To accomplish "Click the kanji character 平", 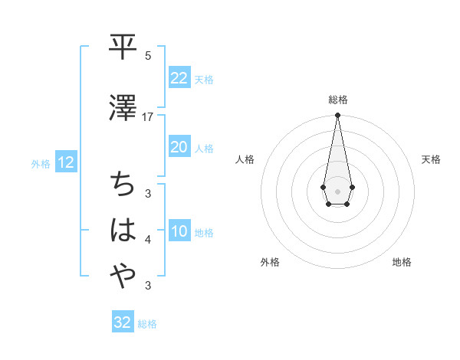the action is point(122,48).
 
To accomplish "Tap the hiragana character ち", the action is point(122,184).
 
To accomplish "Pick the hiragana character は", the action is point(122,231).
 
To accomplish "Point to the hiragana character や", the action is point(122,277).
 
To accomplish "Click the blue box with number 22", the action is point(179,78).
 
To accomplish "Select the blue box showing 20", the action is point(179,147).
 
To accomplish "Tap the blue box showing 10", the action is point(179,232).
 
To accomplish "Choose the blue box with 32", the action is point(122,322).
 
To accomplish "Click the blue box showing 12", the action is point(65,162).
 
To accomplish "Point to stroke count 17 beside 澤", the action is point(148,117).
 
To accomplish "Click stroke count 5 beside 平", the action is point(148,56).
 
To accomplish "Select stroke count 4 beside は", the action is point(148,241).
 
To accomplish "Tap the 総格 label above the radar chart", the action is point(337,100).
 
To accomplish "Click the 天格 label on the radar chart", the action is point(432,159).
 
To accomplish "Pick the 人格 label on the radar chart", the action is point(245,159).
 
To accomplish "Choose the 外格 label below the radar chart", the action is point(270,262).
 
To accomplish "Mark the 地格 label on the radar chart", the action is point(402,262).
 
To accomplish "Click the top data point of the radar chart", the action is point(337,116).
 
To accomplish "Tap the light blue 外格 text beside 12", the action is point(41,163).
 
